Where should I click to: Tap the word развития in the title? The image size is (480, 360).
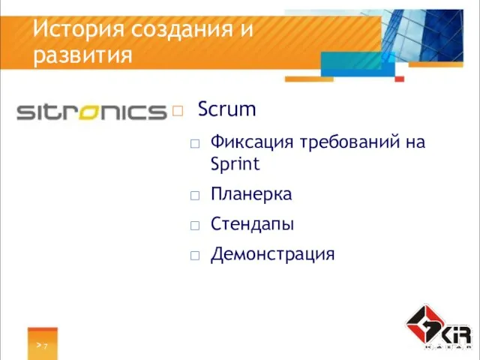83,55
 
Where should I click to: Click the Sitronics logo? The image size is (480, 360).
91,112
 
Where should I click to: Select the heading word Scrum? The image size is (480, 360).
226,110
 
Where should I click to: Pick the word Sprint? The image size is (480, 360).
235,163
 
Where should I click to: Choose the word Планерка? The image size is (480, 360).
251,194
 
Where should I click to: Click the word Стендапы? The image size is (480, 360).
252,224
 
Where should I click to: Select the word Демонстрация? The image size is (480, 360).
272,254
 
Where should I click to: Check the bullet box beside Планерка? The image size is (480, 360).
195,195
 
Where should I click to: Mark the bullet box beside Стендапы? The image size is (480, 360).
195,225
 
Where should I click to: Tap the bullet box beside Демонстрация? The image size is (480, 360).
195,255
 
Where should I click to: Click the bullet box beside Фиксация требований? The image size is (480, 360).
195,142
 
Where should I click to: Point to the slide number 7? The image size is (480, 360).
45,346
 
